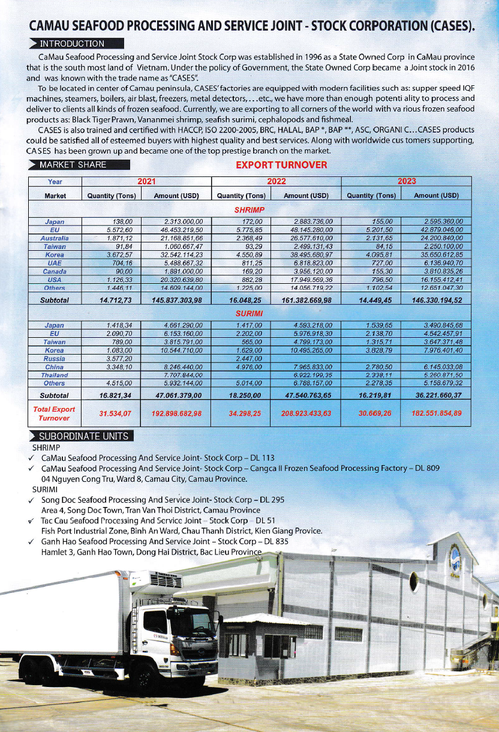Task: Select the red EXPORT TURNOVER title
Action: (x=281, y=165)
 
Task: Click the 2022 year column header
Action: (x=276, y=181)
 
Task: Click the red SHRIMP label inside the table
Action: (x=249, y=210)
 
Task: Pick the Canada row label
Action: (x=55, y=271)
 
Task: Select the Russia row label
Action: (x=55, y=358)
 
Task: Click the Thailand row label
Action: (x=55, y=374)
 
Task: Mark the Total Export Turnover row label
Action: (x=55, y=413)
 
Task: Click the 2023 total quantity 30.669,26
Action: (x=371, y=413)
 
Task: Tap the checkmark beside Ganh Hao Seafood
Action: (x=31, y=541)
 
